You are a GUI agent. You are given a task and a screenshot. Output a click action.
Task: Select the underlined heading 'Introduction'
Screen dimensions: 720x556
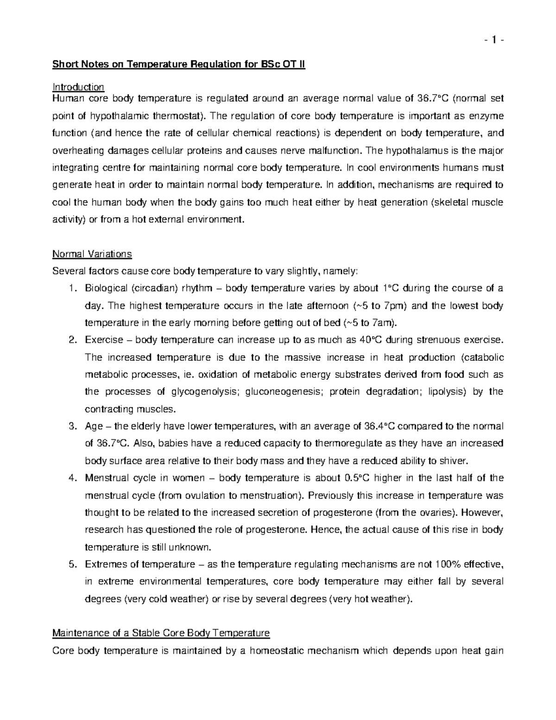[78, 87]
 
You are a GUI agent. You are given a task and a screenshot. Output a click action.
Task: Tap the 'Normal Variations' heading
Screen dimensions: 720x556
[92, 254]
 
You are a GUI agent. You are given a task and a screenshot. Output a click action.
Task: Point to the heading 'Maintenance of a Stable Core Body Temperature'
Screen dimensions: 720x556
[161, 633]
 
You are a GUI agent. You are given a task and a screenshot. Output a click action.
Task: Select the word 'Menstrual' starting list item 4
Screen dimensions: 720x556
[104, 478]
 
